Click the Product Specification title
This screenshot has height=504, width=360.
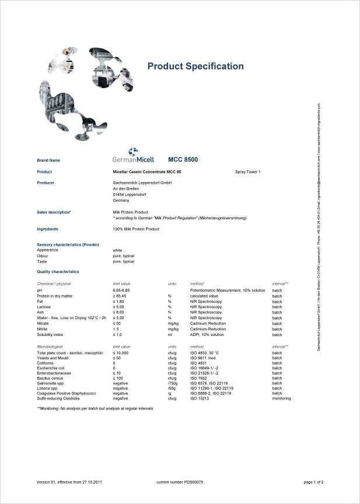(195, 66)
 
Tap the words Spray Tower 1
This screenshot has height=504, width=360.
(247, 172)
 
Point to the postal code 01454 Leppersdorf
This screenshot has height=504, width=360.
(130, 194)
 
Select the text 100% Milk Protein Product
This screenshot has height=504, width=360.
(136, 229)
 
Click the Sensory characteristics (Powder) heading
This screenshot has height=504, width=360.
(68, 244)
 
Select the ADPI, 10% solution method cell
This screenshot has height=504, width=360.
(207, 334)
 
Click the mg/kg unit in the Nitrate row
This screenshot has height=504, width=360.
(173, 323)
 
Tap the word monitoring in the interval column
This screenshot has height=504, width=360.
(282, 398)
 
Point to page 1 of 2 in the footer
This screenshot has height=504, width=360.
(313, 482)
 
